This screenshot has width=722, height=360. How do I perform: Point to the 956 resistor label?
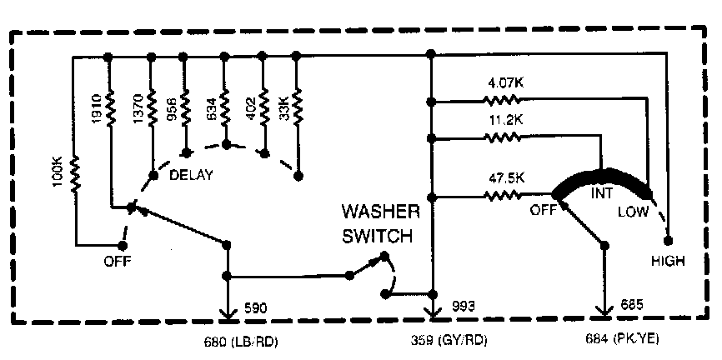pyautogui.click(x=172, y=109)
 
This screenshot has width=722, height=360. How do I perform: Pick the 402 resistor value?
pyautogui.click(x=249, y=109)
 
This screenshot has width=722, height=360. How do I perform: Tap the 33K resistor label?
pyautogui.click(x=284, y=109)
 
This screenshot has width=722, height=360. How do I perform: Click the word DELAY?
pyautogui.click(x=191, y=175)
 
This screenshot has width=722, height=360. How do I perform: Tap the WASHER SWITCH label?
pyautogui.click(x=377, y=224)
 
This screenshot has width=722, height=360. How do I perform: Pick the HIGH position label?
pyautogui.click(x=669, y=261)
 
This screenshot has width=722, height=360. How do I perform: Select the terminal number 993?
pyautogui.click(x=464, y=307)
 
